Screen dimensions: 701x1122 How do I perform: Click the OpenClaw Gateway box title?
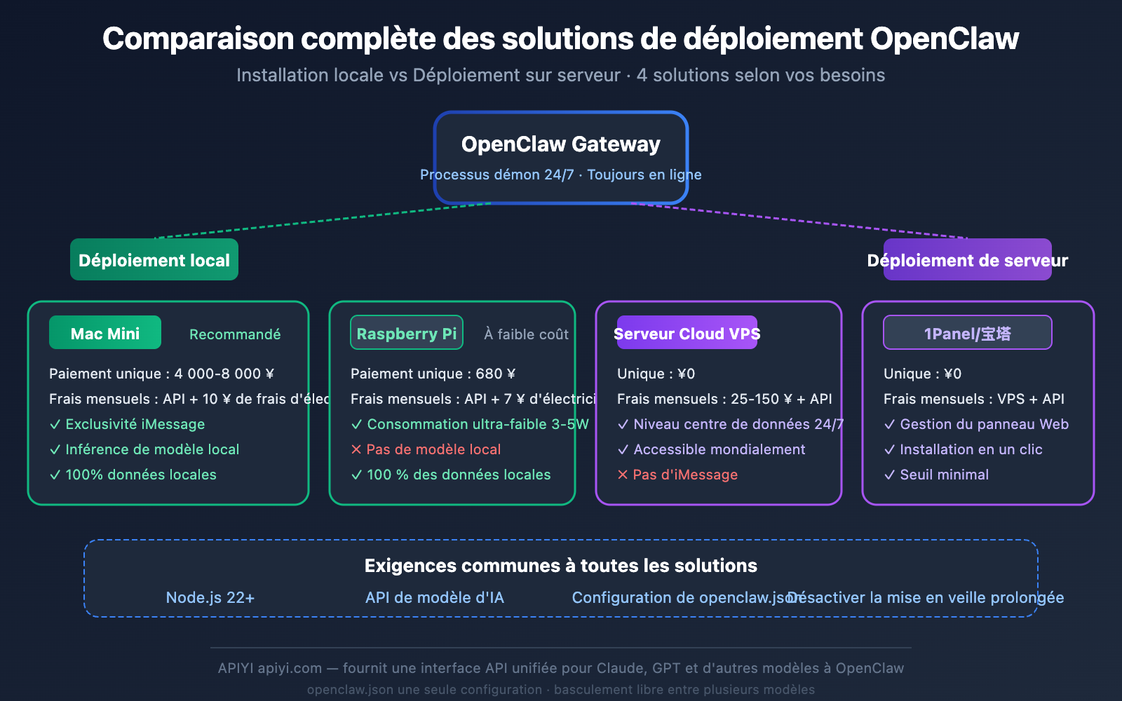pyautogui.click(x=560, y=144)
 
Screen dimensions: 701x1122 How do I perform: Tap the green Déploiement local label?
pyautogui.click(x=154, y=260)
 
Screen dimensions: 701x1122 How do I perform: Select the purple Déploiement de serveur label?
pyautogui.click(x=967, y=260)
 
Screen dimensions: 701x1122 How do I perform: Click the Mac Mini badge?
pyautogui.click(x=105, y=333)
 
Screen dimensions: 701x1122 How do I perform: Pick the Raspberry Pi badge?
pyautogui.click(x=407, y=333)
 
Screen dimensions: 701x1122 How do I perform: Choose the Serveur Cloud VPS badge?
pyautogui.click(x=687, y=333)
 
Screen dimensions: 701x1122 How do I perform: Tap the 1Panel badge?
pyautogui.click(x=967, y=333)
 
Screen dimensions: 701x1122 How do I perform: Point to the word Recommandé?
pyautogui.click(x=235, y=334)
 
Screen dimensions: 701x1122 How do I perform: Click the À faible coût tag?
pyautogui.click(x=526, y=334)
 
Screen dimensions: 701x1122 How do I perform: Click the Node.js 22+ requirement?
pyautogui.click(x=210, y=598)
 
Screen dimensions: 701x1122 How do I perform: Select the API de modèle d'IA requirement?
pyautogui.click(x=435, y=598)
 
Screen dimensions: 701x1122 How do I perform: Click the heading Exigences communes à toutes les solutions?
pyautogui.click(x=560, y=566)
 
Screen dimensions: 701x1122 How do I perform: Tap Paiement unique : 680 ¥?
pyautogui.click(x=433, y=374)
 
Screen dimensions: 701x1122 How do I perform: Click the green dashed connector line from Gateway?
pyautogui.click(x=323, y=221)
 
